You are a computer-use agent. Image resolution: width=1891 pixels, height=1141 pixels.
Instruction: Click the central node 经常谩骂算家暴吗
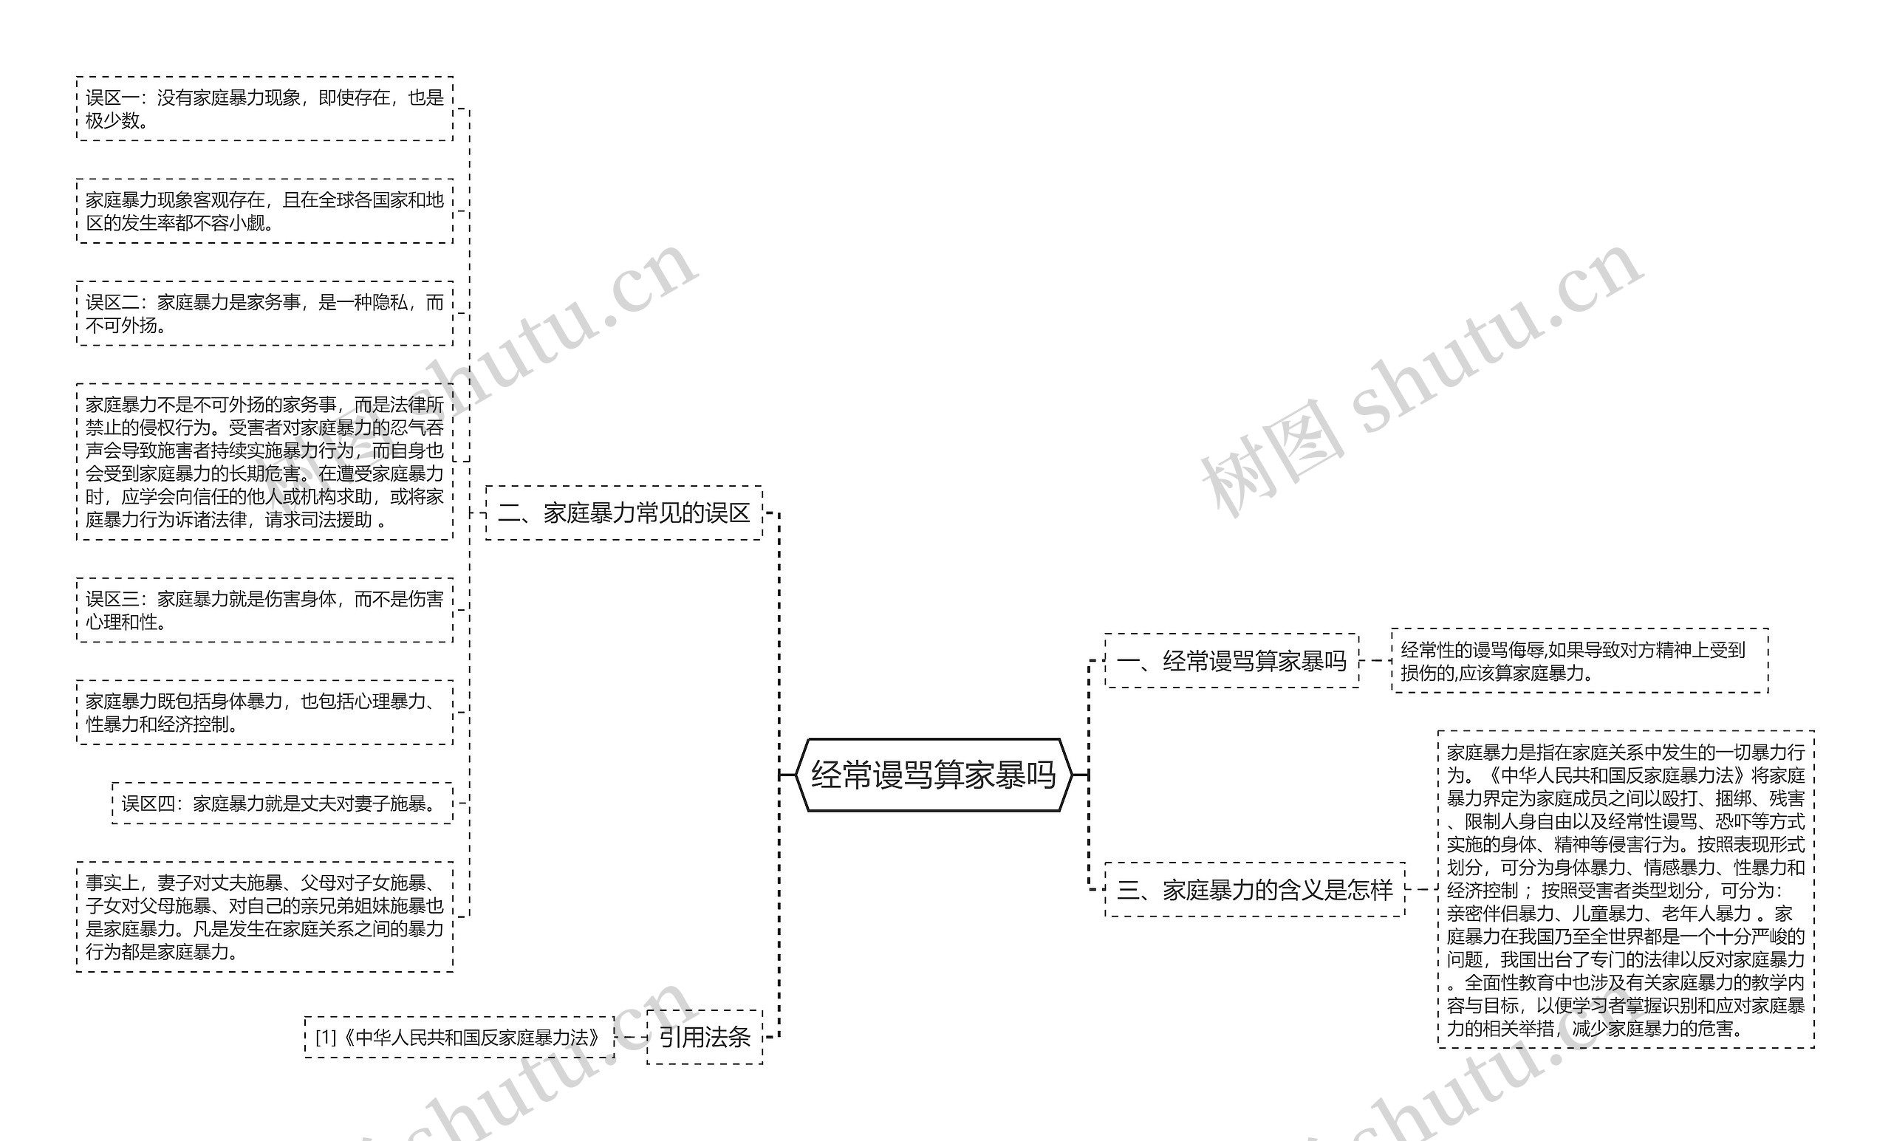[x=933, y=775]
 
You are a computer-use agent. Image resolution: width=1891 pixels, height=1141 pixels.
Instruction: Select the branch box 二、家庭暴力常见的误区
[x=624, y=513]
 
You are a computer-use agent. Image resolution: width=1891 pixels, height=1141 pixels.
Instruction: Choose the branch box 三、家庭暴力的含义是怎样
[x=1254, y=890]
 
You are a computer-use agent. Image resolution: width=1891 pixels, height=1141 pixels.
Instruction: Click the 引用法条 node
[x=705, y=1038]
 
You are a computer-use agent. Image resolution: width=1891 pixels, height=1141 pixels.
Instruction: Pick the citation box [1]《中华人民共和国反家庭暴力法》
[x=459, y=1038]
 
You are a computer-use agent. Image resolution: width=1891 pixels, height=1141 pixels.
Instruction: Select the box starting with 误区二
[x=264, y=314]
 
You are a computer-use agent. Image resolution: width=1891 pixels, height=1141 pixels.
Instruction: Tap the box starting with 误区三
[x=264, y=610]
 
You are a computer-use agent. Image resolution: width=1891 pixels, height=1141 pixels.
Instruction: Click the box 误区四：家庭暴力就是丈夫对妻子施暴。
[x=281, y=804]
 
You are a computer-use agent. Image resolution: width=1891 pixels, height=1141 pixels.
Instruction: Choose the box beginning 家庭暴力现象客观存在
[x=264, y=211]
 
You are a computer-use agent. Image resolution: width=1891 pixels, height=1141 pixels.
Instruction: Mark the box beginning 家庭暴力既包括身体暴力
[x=264, y=712]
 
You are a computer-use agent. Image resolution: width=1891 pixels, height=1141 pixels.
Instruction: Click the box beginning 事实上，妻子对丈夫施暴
[x=264, y=917]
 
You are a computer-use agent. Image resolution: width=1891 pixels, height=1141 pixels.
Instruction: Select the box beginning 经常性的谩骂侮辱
[x=1579, y=661]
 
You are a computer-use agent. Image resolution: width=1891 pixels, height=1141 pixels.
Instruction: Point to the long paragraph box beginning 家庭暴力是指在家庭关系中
[x=1626, y=890]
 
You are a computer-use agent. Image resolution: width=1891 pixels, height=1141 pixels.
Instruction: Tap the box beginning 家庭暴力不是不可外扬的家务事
[x=264, y=462]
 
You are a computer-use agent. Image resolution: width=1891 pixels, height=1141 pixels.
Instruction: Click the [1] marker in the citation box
[x=326, y=1038]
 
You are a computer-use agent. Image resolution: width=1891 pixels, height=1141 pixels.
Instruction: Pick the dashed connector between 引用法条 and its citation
[x=631, y=1038]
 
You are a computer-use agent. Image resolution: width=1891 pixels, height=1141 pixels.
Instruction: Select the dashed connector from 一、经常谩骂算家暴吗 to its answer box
[x=1375, y=661]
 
